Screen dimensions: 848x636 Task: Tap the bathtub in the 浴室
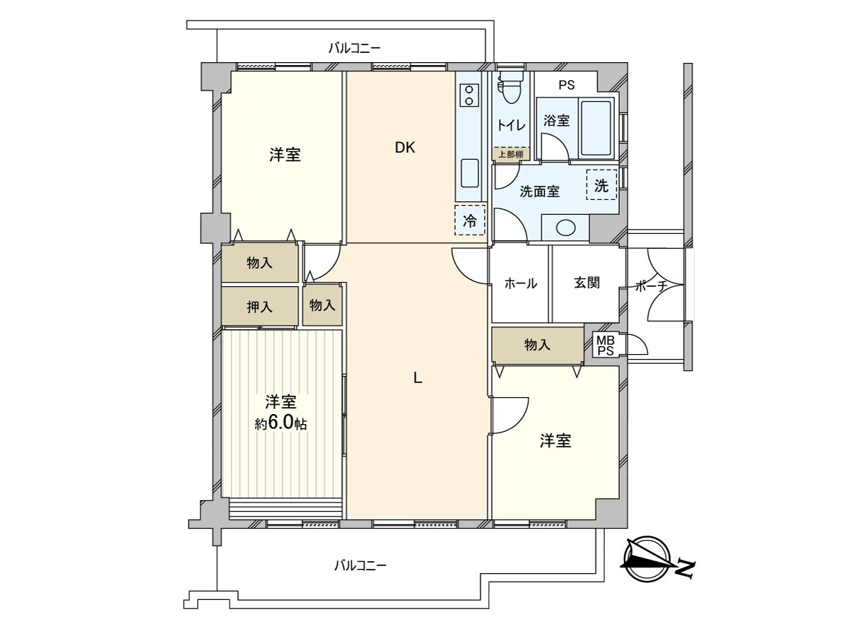596,127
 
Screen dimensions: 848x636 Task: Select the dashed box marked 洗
601,184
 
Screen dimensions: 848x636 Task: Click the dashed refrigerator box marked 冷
470,220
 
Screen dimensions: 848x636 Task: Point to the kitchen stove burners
469,95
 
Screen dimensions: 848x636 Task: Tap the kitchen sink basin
470,173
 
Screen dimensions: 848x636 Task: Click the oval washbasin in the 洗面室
565,228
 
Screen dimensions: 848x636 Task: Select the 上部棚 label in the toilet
510,155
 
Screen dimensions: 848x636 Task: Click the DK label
405,148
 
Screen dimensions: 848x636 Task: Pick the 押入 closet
259,306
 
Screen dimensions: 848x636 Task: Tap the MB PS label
605,346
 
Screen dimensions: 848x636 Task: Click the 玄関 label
587,283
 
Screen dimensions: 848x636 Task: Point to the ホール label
520,283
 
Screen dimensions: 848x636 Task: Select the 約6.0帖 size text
281,423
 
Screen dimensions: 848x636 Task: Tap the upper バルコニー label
355,48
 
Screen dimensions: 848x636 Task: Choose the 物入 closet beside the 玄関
537,345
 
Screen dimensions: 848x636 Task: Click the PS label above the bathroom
566,85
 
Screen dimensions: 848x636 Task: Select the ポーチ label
652,286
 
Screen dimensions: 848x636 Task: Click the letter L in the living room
418,377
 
